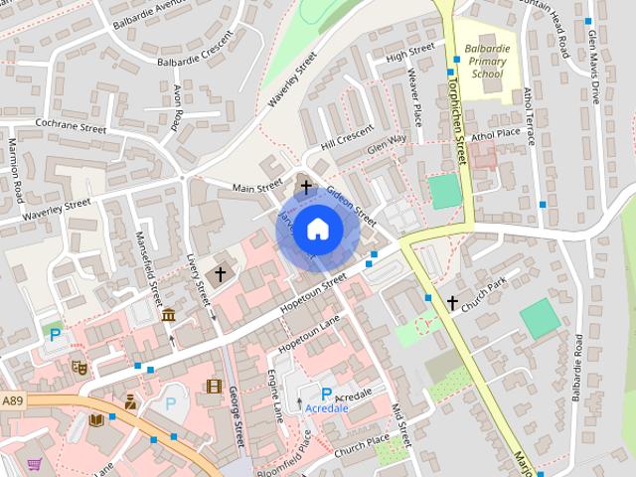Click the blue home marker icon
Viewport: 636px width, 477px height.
pos(316,229)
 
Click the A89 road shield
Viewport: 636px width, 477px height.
pos(13,400)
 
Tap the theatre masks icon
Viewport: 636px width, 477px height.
pos(79,366)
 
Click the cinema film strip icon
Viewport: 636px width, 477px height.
pos(215,386)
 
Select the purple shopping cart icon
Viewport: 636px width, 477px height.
pos(35,463)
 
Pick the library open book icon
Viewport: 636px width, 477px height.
pos(96,420)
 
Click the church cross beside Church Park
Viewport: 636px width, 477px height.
pos(452,302)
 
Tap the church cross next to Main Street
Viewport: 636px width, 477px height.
pos(306,186)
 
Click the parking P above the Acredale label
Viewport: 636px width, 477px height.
pos(325,395)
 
